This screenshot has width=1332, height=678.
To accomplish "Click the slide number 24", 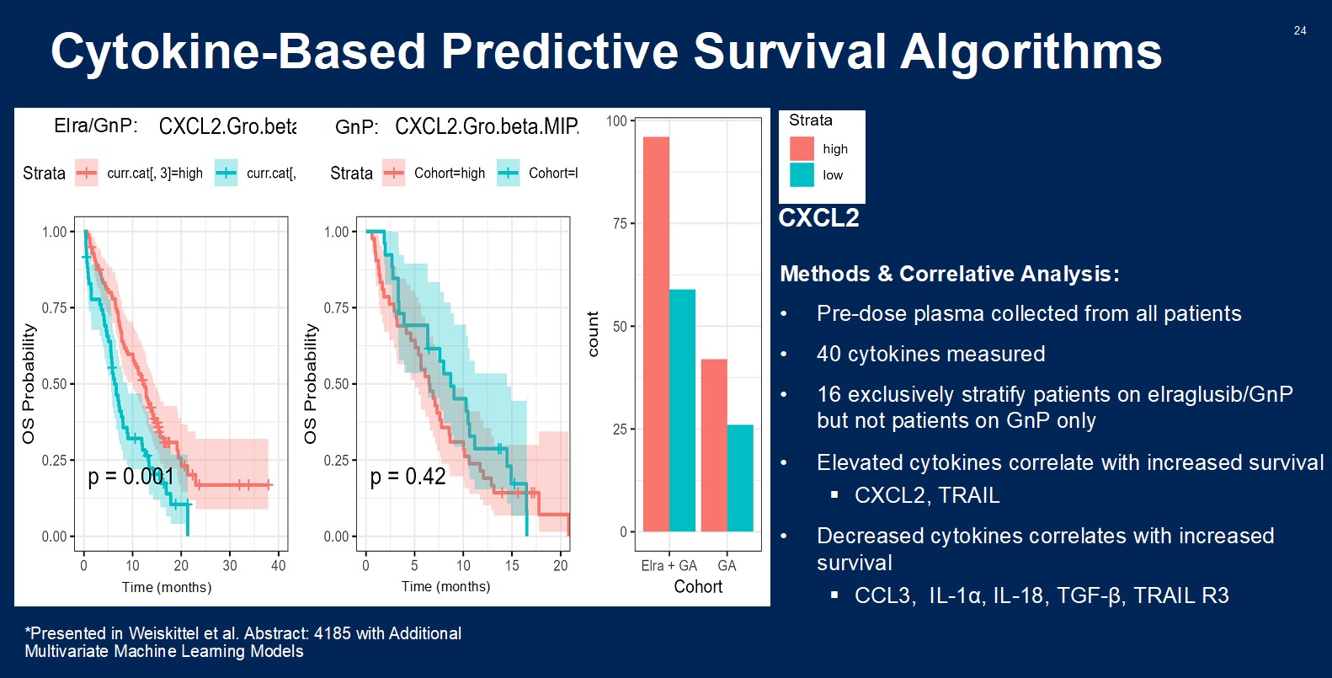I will [1299, 30].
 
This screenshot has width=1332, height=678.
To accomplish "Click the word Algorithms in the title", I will [1031, 51].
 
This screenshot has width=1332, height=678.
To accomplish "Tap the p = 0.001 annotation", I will [131, 477].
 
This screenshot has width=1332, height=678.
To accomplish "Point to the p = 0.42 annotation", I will [408, 477].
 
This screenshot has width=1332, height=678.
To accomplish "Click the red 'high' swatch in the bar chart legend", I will [802, 148].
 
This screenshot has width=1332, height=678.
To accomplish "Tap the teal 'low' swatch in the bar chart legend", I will [802, 174].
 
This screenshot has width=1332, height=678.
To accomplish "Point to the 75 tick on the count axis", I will [620, 223].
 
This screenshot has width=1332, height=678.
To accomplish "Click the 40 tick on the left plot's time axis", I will [279, 566].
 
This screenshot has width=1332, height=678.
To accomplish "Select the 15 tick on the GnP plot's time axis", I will [512, 566].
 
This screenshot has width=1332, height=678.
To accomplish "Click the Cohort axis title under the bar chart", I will [698, 587].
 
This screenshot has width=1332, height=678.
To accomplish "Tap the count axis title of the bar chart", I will [593, 334].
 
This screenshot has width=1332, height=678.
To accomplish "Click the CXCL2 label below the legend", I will [818, 218].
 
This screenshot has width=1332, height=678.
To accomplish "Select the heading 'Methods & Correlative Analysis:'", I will [949, 274].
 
